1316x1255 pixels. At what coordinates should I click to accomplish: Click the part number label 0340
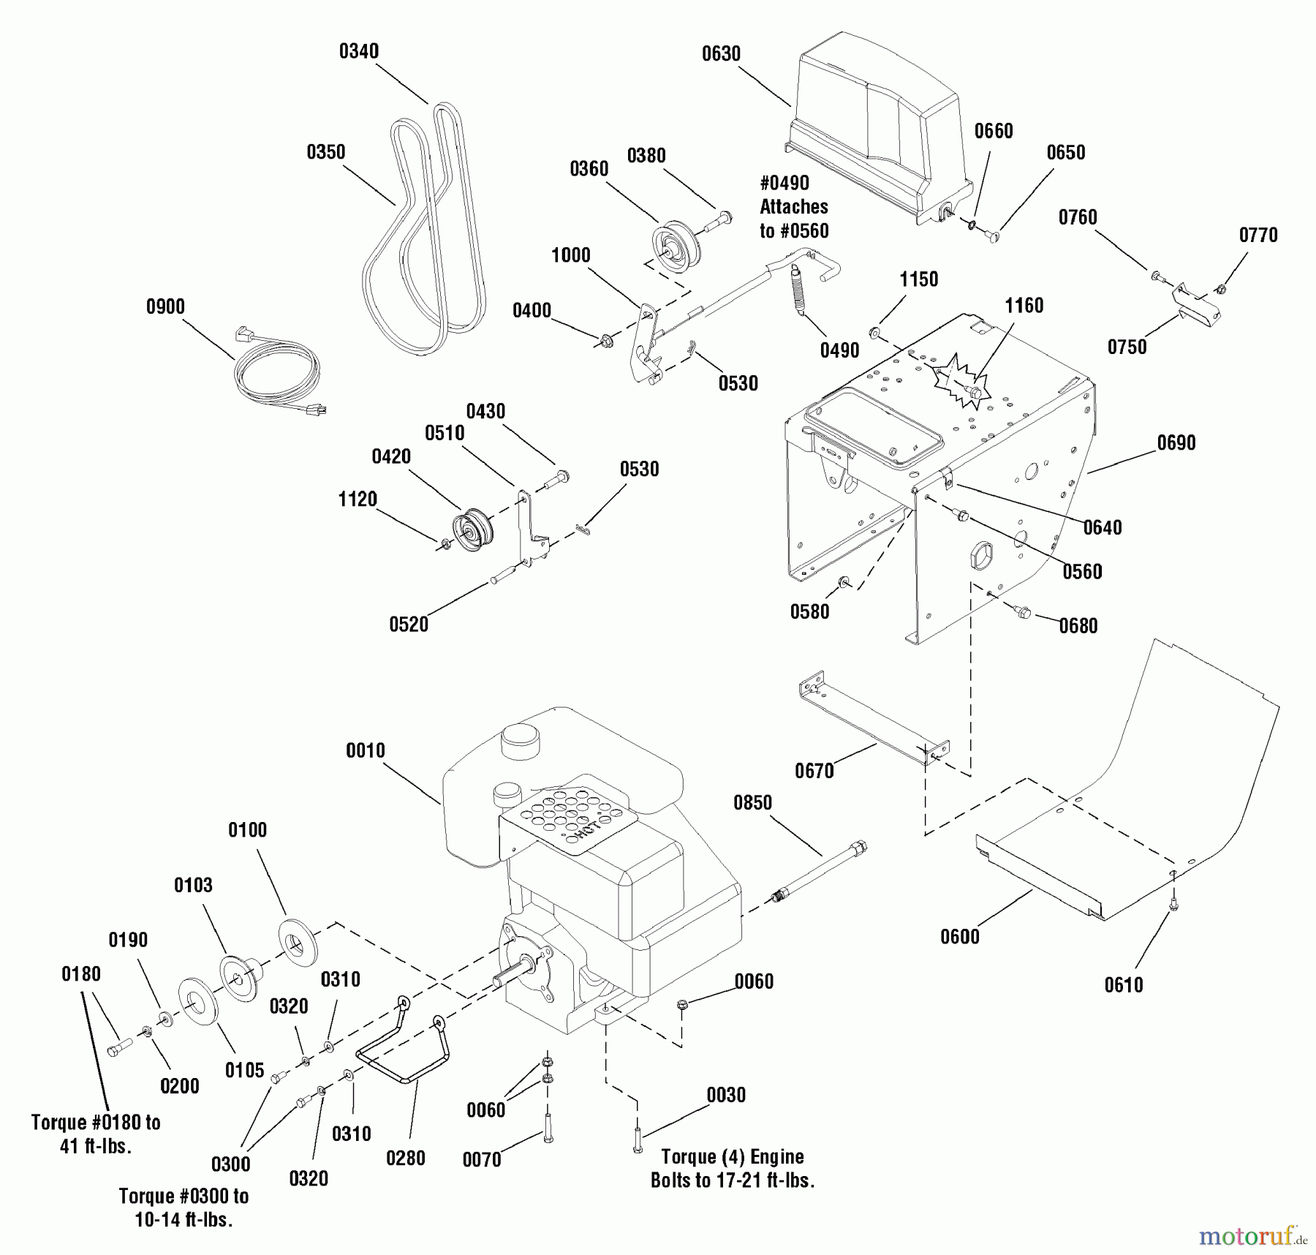click(x=358, y=51)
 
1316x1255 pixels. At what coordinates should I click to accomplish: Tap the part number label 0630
click(x=721, y=54)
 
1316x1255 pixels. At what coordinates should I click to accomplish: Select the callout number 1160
click(x=1024, y=306)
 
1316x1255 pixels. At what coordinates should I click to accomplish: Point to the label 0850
click(x=752, y=803)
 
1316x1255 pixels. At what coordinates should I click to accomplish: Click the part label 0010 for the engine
click(x=365, y=751)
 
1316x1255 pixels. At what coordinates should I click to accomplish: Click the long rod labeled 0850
click(x=819, y=874)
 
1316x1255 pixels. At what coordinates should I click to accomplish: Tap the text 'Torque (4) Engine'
click(x=732, y=1157)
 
